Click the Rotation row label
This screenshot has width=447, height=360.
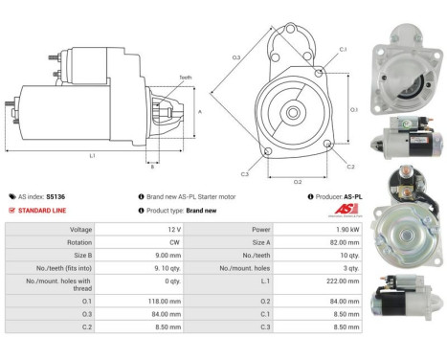click(x=80, y=243)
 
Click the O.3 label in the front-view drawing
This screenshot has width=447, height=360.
click(x=235, y=58)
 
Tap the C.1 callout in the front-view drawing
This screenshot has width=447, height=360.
click(x=342, y=48)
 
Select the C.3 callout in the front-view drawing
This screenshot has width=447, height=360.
click(x=245, y=173)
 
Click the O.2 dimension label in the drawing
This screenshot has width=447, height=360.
click(x=297, y=179)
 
